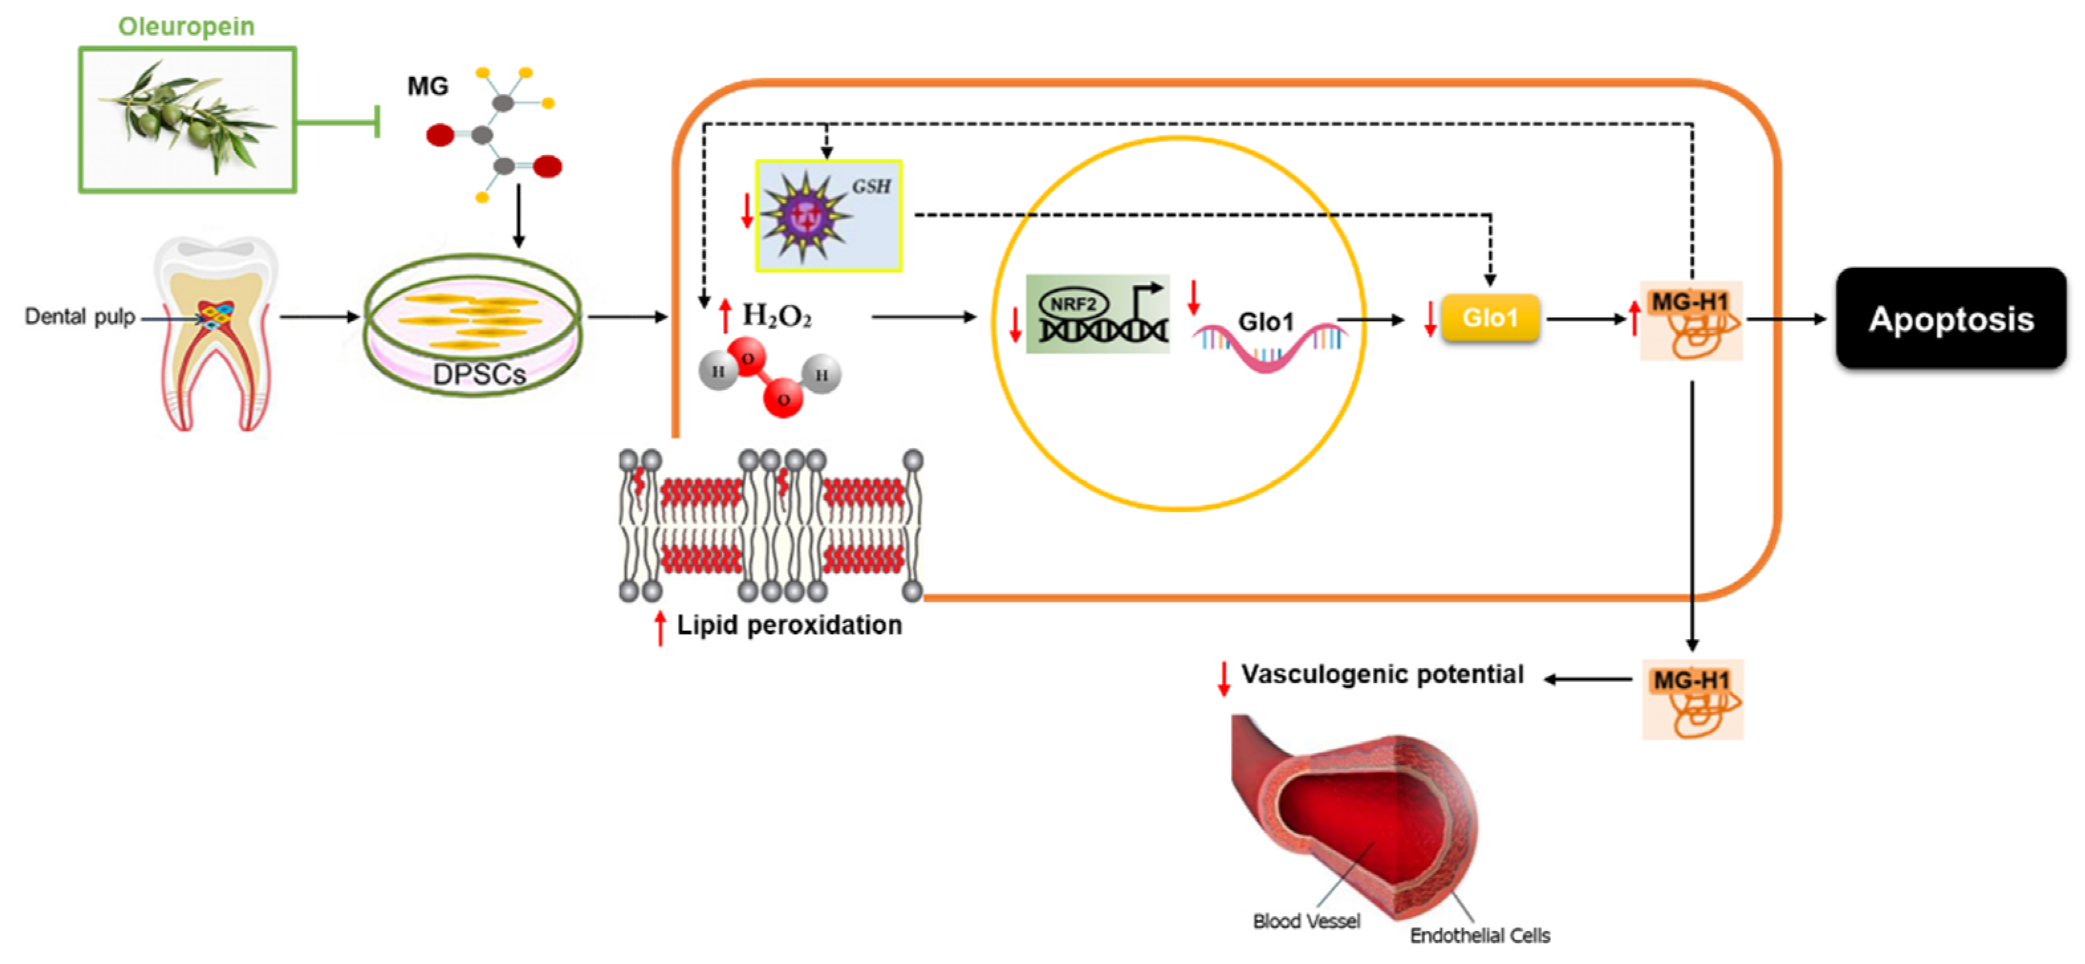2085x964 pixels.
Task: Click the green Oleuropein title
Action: [x=186, y=26]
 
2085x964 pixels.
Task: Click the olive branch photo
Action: [x=187, y=120]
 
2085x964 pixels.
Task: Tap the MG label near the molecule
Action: [x=427, y=86]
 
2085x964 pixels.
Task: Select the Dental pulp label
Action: [x=80, y=316]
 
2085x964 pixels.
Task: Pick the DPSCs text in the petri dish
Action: [x=479, y=374]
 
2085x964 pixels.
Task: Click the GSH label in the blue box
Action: [x=871, y=186]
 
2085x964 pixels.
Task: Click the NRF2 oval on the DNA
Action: [x=1073, y=304]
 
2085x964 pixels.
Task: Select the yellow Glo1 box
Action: [x=1489, y=318]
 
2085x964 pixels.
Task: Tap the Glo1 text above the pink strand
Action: [x=1266, y=322]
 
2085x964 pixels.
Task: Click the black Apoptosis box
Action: [x=1950, y=319]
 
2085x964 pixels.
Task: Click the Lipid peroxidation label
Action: [x=789, y=625]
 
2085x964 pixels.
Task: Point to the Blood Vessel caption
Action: [x=1306, y=921]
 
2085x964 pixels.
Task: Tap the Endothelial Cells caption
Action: [x=1480, y=935]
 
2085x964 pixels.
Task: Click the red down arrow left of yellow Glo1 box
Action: [x=1430, y=318]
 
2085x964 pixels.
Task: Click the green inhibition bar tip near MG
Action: [x=377, y=121]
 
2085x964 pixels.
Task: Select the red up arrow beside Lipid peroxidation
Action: [x=661, y=627]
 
